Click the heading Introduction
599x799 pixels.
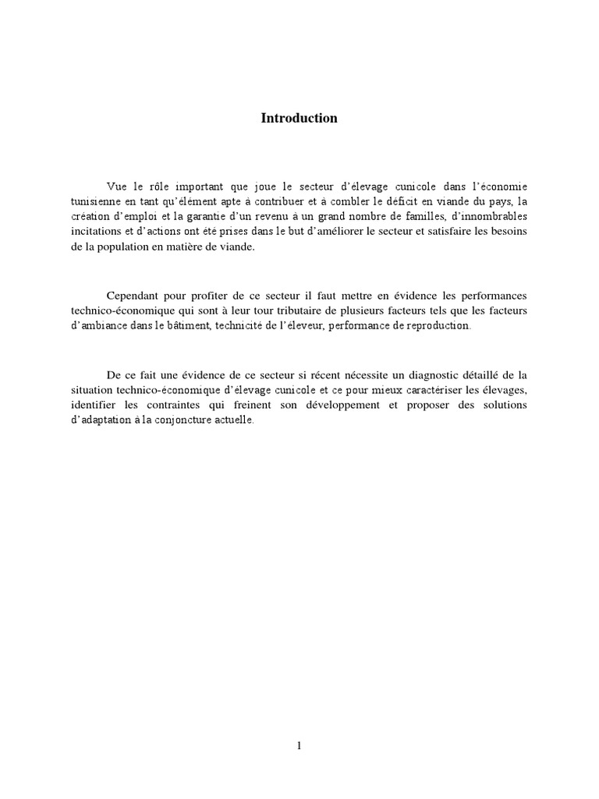[299, 119]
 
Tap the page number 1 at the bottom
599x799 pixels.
[299, 746]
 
